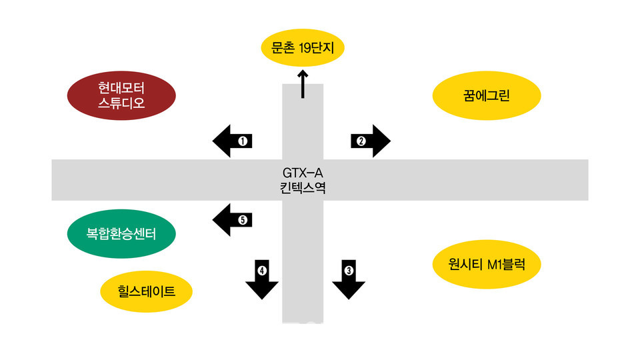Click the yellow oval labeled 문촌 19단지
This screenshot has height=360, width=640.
(x=303, y=48)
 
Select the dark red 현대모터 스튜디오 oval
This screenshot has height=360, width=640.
(x=121, y=95)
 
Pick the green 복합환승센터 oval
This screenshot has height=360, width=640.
(x=121, y=233)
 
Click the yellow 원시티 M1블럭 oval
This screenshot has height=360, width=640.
(x=487, y=264)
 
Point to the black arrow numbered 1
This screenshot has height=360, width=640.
(x=233, y=141)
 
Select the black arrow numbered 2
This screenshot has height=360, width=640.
(x=370, y=141)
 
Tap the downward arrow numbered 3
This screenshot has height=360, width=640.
(x=349, y=279)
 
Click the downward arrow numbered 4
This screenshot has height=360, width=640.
(x=262, y=279)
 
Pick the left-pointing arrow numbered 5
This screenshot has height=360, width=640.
(x=233, y=220)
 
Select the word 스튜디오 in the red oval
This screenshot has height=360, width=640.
(x=121, y=103)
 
